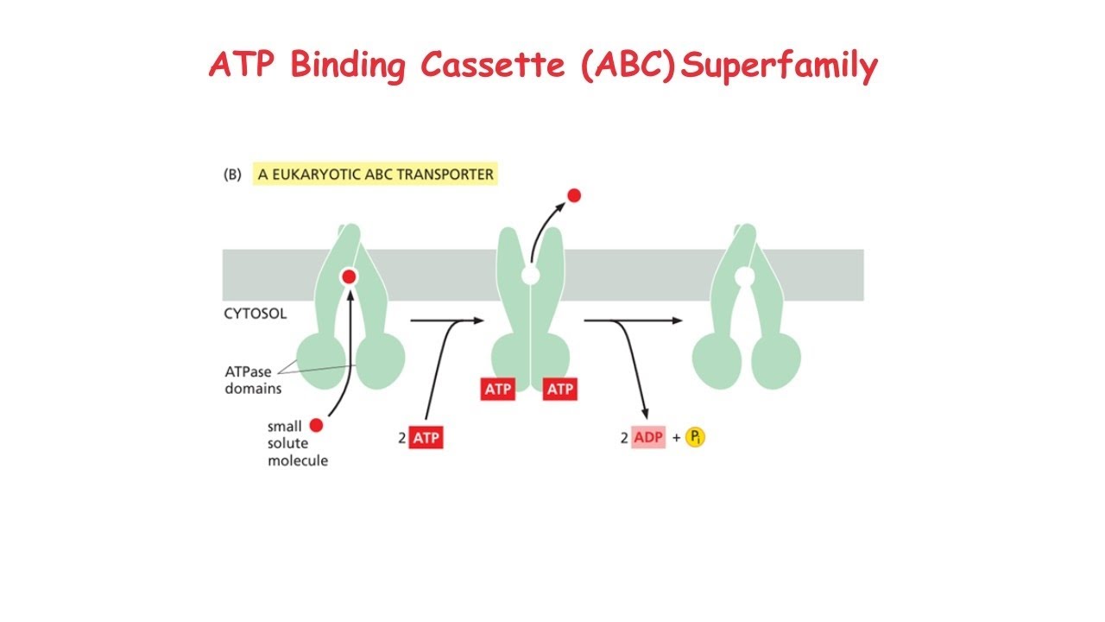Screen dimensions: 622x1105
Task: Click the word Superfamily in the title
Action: [778, 67]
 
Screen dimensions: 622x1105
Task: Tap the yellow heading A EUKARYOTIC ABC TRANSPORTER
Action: [376, 174]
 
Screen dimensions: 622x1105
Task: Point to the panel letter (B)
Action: [232, 174]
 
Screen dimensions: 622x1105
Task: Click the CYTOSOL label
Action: [256, 314]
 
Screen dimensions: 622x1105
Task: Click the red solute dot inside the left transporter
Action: [349, 276]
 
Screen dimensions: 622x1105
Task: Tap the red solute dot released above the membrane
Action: [573, 196]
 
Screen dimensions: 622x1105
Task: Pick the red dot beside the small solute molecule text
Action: [316, 425]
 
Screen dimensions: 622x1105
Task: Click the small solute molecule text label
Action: [297, 444]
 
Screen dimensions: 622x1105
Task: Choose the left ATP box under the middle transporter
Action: [498, 390]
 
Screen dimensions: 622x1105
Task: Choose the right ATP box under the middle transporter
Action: [559, 390]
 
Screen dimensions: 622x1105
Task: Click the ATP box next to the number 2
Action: [426, 438]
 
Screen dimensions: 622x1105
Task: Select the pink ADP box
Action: [648, 438]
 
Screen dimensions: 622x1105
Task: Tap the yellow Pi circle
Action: [695, 438]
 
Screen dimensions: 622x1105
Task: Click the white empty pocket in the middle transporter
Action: [530, 276]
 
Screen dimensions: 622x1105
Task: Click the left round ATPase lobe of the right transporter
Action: [718, 357]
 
